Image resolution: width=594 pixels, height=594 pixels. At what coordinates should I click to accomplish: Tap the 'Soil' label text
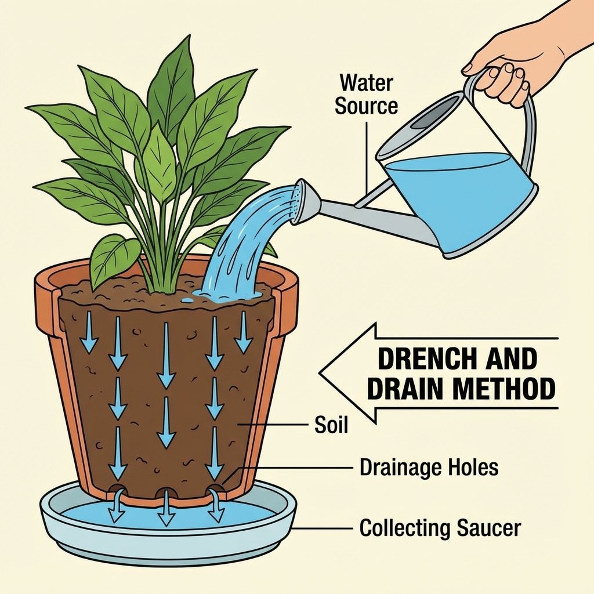point(331,425)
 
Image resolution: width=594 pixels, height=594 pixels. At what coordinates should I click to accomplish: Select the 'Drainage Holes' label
point(429,467)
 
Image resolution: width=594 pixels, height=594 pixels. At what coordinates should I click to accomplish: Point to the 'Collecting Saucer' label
point(440,528)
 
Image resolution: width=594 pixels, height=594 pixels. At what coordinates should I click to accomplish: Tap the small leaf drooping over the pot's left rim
point(113,258)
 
